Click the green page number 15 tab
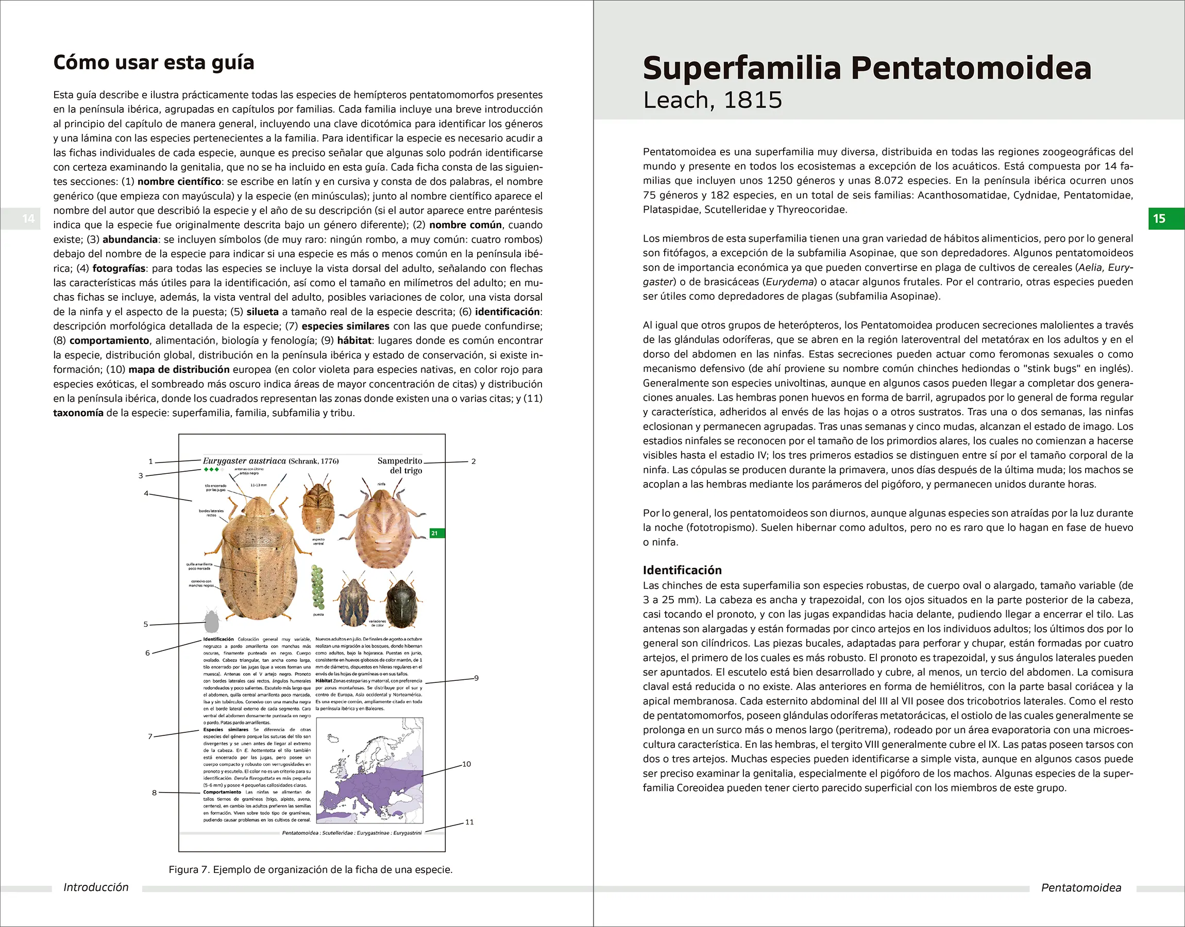1165,219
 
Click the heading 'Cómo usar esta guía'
154,62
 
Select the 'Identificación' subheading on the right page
682,570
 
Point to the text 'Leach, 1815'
712,100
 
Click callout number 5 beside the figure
145,624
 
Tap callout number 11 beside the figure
469,822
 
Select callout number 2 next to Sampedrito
473,461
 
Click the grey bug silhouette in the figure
211,622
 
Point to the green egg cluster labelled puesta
317,587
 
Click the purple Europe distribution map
369,770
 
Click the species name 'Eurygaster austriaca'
244,461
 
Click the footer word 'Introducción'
96,887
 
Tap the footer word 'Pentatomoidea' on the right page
1081,888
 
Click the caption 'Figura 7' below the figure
311,869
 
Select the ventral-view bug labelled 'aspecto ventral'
317,507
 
